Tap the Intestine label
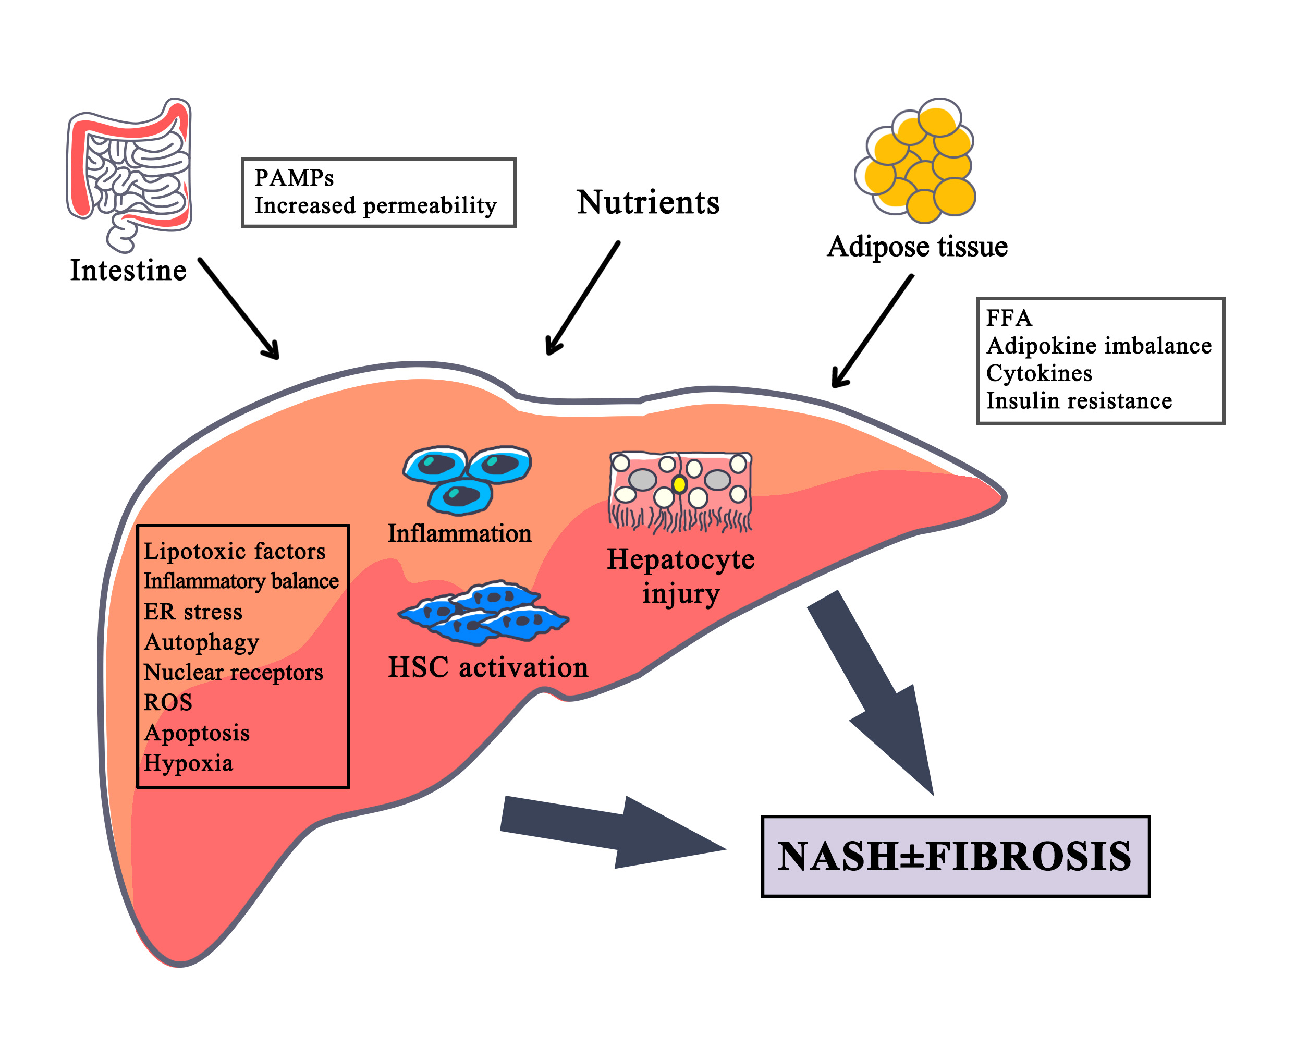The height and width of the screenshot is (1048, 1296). pos(128,270)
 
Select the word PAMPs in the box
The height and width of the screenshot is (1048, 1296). pos(294,178)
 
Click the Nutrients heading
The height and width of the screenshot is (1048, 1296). pos(647,202)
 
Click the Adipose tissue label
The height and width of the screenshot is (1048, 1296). pos(917,246)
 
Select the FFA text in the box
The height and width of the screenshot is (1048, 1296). pos(1009,318)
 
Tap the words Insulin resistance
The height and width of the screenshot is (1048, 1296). pos(1079,401)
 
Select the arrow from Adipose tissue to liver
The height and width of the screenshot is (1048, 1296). pos(872,331)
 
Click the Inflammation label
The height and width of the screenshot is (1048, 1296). pos(459,534)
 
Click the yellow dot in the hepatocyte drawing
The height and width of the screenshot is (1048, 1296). pos(680,484)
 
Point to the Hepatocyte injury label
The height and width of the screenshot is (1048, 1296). pos(680,576)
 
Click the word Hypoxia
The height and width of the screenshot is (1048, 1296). pos(188,763)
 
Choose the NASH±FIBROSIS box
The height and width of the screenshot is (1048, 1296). pos(956,856)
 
